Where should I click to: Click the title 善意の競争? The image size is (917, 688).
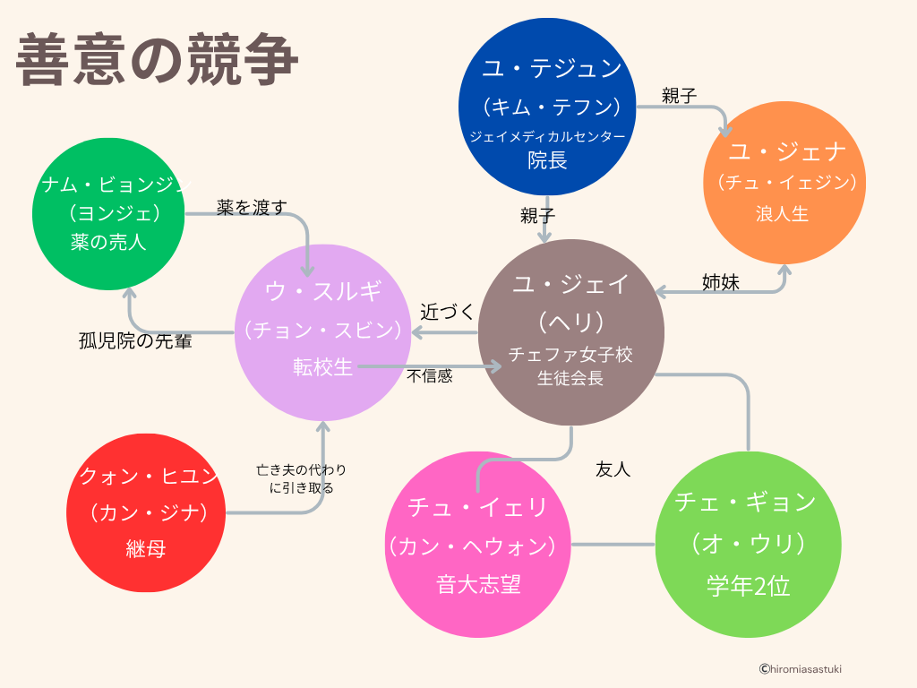(x=157, y=60)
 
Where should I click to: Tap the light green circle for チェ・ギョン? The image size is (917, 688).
(x=746, y=545)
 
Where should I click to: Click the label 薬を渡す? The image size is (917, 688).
(x=252, y=208)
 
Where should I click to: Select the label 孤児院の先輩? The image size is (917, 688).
(x=135, y=340)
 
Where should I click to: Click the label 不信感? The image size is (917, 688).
(x=430, y=376)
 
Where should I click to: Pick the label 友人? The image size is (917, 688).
(x=613, y=469)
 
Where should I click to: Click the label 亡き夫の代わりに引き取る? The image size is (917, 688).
(x=301, y=479)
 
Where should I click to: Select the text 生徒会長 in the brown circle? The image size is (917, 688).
(x=570, y=378)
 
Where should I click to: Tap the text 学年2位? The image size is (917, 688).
(x=748, y=587)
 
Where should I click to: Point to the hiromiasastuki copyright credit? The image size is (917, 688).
(x=800, y=668)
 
